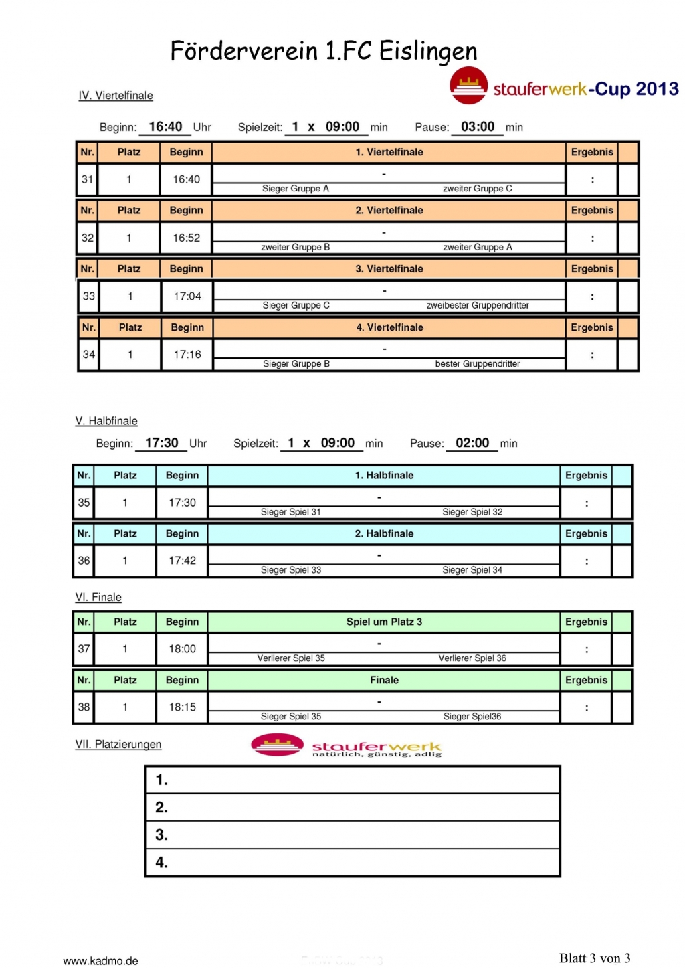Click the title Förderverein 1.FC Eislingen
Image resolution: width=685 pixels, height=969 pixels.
[324, 51]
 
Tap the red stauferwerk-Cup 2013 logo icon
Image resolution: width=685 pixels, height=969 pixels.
[468, 86]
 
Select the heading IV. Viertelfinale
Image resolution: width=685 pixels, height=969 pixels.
[116, 96]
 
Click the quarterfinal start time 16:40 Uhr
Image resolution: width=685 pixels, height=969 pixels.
[166, 127]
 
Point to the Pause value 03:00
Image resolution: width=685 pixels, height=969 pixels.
[478, 127]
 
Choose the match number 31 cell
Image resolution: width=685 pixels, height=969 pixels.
[88, 179]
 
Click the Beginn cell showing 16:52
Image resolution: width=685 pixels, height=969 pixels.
[186, 238]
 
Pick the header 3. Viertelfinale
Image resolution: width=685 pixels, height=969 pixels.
[389, 269]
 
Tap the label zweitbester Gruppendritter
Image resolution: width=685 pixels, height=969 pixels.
[478, 306]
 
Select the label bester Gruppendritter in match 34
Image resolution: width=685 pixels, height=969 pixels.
[477, 364]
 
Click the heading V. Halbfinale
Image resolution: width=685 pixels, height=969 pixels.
[106, 421]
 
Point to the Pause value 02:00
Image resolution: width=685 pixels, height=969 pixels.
[472, 443]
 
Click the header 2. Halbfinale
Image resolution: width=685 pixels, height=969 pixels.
[384, 534]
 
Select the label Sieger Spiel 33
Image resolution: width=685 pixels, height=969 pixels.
[291, 570]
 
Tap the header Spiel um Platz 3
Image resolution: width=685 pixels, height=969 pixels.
[384, 622]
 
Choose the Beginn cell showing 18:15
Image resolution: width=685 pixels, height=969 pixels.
[182, 707]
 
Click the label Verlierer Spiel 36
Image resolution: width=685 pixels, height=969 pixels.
[472, 658]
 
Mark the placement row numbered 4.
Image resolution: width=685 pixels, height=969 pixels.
[353, 863]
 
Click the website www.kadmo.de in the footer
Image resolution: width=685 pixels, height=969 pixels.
[100, 961]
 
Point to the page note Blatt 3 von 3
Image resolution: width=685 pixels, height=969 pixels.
[595, 958]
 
